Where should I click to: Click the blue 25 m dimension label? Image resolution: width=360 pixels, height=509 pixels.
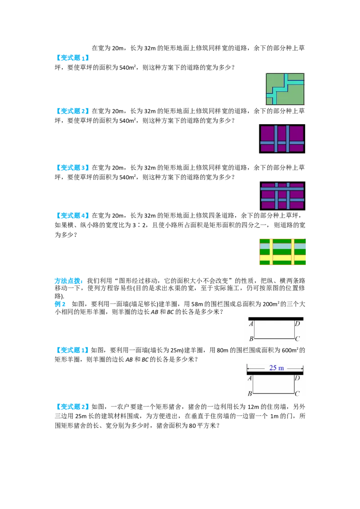[x=276, y=368]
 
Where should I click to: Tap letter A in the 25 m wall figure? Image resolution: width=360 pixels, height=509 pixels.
[x=250, y=378]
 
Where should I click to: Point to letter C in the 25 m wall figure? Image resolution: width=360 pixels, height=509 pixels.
[x=297, y=393]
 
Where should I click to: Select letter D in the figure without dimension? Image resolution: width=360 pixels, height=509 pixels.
[x=297, y=324]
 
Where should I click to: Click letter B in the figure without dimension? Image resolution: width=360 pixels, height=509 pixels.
[x=251, y=339]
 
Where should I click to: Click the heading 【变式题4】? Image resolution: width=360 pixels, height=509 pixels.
[x=72, y=215]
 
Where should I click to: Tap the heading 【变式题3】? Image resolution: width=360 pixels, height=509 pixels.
[x=72, y=168]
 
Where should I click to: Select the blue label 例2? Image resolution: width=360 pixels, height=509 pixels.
[x=60, y=304]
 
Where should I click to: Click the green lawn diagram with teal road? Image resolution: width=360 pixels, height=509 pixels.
[x=285, y=89]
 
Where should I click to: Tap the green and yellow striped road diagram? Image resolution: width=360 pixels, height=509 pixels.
[x=283, y=252]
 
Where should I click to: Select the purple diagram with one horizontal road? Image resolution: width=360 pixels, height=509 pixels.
[x=282, y=139]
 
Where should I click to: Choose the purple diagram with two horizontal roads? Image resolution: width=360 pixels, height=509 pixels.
[x=282, y=196]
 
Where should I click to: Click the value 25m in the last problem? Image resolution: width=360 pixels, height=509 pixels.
[x=81, y=416]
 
